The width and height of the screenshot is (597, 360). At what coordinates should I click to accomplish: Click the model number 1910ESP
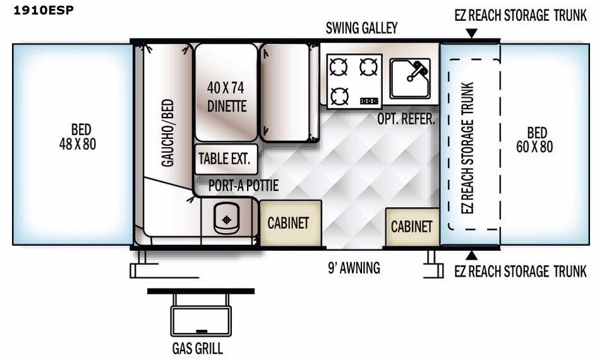click(x=38, y=10)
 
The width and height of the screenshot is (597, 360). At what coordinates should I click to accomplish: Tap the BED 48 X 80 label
click(x=77, y=138)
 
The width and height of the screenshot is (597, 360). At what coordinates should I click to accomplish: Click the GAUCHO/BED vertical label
click(x=167, y=133)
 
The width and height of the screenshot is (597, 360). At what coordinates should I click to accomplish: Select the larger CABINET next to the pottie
click(x=289, y=223)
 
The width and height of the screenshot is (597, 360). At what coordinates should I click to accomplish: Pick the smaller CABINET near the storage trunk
click(x=411, y=226)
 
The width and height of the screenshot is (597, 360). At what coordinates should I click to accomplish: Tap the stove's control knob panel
click(x=370, y=100)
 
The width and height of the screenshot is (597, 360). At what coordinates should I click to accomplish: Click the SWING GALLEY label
click(x=362, y=28)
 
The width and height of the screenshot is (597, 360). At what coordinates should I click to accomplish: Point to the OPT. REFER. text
click(x=406, y=119)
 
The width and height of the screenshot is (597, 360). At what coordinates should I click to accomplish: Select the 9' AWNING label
click(x=354, y=268)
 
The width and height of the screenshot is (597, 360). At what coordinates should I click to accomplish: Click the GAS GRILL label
click(x=198, y=348)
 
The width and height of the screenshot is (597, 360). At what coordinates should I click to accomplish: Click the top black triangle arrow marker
click(x=471, y=32)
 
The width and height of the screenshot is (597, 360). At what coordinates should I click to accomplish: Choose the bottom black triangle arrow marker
click(x=471, y=255)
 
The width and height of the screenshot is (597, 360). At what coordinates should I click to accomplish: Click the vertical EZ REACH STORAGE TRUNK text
click(x=467, y=148)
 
